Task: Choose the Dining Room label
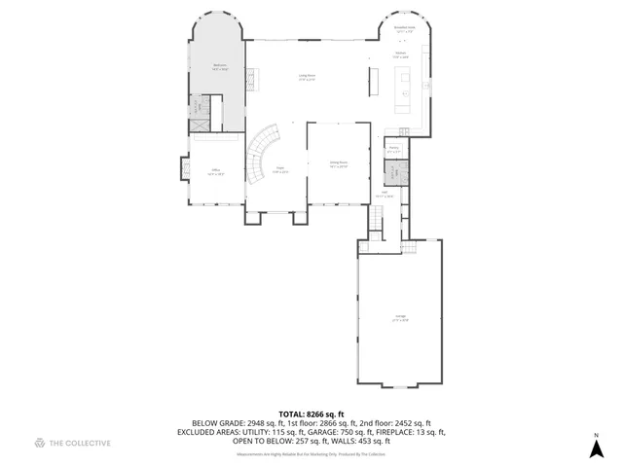[x=338, y=164]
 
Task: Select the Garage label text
[x=400, y=317]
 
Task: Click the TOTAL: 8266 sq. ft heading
[x=311, y=413]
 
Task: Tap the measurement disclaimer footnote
[x=311, y=454]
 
